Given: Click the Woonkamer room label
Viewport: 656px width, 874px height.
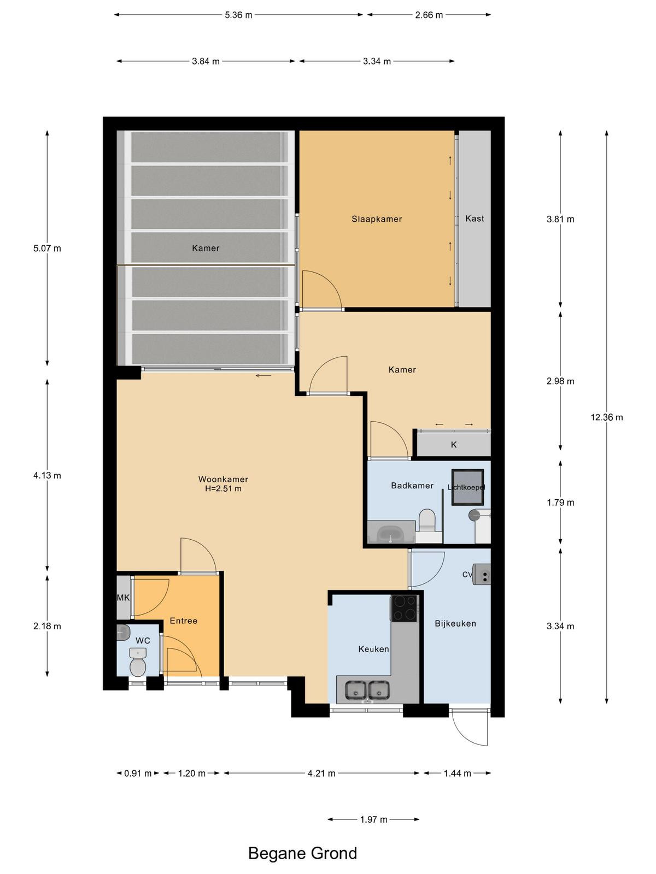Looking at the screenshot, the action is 223,479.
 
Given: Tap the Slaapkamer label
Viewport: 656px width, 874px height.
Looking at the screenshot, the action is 377,219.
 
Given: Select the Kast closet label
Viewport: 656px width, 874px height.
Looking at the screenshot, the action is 475,218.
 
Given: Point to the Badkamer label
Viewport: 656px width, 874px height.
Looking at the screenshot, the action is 412,486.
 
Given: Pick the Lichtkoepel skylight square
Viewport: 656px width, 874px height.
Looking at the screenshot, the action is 467,487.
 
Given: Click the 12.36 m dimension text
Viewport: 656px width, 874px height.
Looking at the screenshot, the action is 607,417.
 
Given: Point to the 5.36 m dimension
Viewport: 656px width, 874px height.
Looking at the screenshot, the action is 238,15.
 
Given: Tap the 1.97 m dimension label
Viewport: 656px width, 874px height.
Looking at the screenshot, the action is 373,819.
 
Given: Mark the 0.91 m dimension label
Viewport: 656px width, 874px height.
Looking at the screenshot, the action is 138,762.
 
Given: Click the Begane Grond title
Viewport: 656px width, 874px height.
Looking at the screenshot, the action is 302,853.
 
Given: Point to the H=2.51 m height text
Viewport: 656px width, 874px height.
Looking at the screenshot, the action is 223,488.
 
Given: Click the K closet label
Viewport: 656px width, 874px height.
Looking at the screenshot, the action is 454,445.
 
